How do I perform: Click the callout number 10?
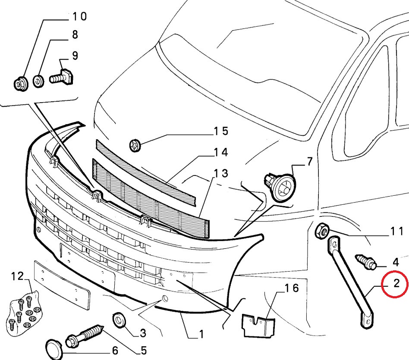79,17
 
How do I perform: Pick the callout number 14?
220,153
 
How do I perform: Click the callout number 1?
201,334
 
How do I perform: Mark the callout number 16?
292,288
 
